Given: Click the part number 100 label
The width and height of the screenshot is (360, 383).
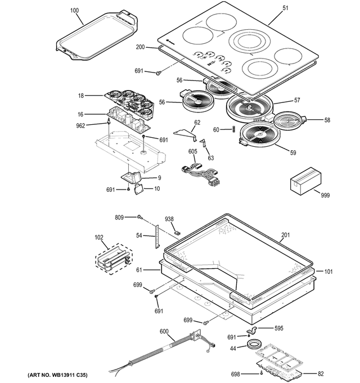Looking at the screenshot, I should tap(75, 11).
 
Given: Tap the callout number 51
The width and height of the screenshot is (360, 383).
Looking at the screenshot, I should tap(285, 8).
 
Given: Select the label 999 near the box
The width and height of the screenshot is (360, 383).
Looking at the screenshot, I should tap(325, 195).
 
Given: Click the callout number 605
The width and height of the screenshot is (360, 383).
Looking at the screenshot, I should tap(192, 151).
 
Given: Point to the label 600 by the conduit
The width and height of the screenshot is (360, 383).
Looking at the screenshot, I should tap(164, 332).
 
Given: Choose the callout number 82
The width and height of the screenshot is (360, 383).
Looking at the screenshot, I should tap(321, 373).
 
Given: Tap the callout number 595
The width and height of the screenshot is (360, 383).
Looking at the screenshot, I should tap(278, 328).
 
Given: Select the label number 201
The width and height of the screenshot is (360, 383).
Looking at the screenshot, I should tap(285, 236).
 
